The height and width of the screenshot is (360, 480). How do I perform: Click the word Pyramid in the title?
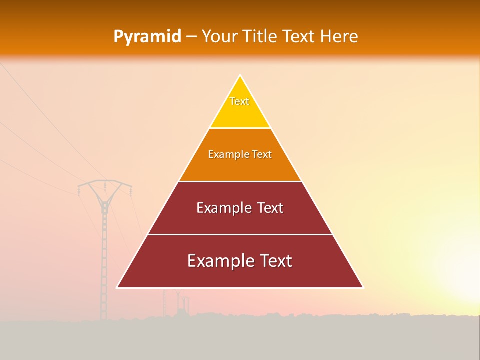[147, 37]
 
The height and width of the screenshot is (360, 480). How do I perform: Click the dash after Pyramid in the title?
[191, 37]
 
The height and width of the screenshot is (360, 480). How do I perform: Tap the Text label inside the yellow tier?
[239, 101]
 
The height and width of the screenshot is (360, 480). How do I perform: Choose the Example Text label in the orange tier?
[240, 154]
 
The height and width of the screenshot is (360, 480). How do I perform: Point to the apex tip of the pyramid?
[240, 76]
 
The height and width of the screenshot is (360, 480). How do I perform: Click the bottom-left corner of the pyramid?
[118, 287]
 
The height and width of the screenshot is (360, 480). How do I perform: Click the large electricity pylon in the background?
[104, 240]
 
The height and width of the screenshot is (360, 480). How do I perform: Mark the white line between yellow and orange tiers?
[240, 128]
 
